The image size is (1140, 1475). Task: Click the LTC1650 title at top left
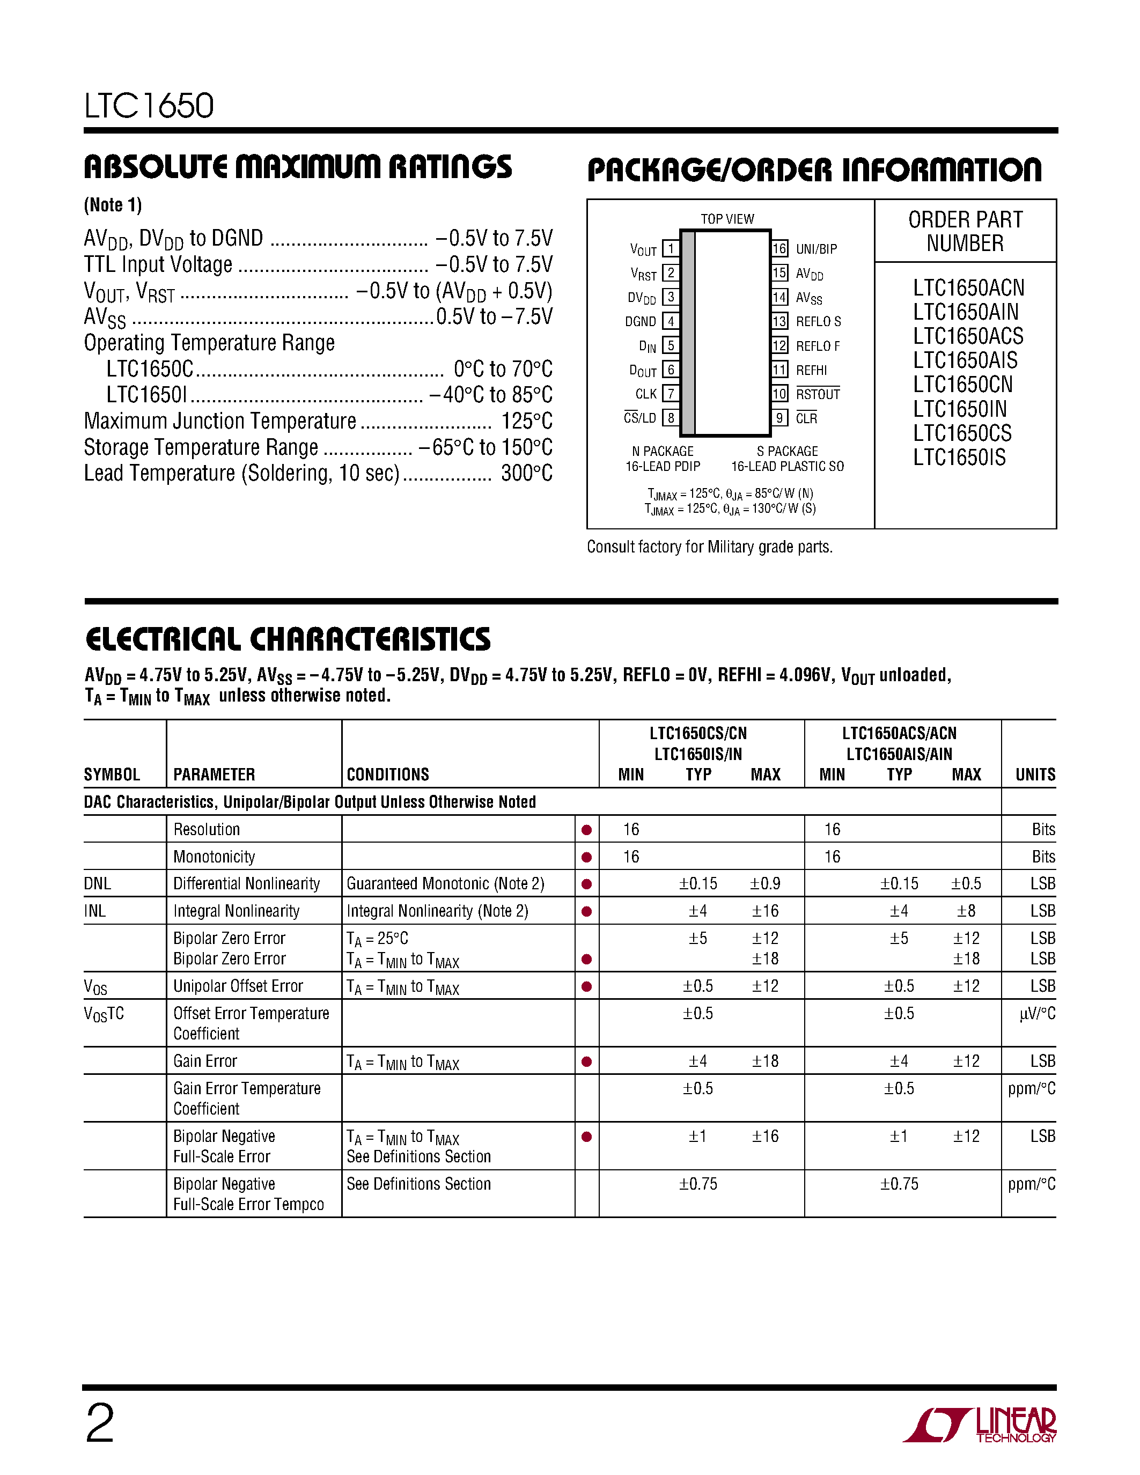149,106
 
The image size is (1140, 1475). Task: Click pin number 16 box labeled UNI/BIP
779,248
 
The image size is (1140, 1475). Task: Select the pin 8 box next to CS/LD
671,417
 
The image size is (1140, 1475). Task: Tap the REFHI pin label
811,370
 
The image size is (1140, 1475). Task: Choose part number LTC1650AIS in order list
965,360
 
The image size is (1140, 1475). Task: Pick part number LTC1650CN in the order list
962,384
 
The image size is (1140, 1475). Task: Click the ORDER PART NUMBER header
965,231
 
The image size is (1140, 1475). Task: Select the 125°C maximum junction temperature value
527,421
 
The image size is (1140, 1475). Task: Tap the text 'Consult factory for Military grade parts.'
709,547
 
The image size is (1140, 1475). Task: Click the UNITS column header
1035,775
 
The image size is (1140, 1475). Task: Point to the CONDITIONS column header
388,775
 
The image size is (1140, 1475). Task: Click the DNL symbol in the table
97,883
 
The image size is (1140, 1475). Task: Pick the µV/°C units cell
1036,1014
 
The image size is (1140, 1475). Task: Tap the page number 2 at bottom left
100,1423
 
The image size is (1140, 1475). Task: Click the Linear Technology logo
979,1425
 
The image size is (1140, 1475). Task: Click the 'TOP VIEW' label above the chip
727,219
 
